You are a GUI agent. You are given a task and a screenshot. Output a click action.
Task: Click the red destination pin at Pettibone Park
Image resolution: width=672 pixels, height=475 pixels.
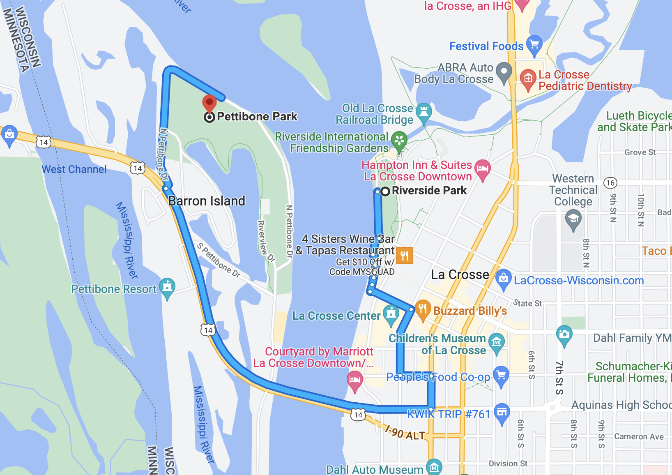point(209,103)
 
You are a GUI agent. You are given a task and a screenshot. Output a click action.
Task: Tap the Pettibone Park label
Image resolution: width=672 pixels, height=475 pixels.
point(257,117)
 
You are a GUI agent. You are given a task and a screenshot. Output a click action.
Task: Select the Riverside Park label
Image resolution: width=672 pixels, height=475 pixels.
point(429,191)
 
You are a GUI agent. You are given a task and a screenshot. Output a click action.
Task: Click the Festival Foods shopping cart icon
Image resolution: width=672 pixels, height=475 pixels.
point(534,44)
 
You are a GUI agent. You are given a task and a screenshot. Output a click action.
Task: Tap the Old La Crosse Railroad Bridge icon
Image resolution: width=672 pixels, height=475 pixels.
point(424,111)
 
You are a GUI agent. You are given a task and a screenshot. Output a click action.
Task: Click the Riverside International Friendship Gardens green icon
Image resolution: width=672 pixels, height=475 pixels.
point(399,140)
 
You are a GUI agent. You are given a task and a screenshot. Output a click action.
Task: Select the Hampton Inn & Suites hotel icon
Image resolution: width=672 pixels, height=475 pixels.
point(483,168)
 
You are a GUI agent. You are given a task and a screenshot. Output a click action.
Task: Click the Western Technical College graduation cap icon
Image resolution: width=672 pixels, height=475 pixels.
point(573,219)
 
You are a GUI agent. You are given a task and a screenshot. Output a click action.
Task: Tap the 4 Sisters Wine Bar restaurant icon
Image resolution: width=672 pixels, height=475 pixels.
point(405,256)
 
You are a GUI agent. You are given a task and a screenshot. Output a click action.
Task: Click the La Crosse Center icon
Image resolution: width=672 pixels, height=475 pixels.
point(391,314)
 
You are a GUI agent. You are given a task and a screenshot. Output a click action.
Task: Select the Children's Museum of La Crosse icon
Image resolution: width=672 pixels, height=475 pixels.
point(497,341)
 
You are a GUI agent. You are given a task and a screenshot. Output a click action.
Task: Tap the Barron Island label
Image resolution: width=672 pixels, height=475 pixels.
point(207,201)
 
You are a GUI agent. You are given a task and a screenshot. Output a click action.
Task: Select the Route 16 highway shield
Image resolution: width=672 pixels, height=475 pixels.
point(610,183)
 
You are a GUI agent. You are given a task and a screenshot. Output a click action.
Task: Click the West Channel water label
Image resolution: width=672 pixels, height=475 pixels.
point(74,169)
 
